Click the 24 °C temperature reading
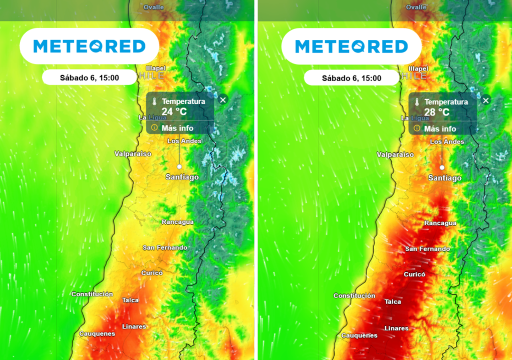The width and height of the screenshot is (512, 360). pos(174,111)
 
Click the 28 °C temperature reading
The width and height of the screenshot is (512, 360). pos(437,112)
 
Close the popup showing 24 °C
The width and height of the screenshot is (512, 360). pos(223,99)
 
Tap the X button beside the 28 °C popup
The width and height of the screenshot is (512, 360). pos(485,100)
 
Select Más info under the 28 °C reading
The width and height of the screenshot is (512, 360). pos(440,128)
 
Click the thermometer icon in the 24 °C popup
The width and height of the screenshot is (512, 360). pos(154,101)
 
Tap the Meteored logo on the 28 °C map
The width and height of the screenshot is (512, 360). pos(351,46)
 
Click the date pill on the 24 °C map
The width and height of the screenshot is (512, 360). pos(89,77)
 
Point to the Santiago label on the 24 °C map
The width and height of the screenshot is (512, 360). pos(182,177)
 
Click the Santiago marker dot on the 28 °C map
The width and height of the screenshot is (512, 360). pos(442,167)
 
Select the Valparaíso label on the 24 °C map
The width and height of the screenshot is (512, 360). pos(133,153)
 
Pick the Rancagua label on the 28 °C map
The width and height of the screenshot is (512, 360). pos(440,223)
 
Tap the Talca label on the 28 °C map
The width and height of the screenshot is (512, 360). pos(393,301)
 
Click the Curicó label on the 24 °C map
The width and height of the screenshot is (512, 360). pos(152,272)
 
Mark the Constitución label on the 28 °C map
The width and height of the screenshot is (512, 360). pos(354,295)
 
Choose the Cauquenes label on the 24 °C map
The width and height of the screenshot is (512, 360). pos(97,333)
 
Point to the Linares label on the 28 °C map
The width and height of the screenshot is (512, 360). pos(396,328)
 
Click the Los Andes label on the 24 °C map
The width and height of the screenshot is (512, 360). pos(184,141)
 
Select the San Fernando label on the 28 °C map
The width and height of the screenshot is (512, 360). pos(427,248)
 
